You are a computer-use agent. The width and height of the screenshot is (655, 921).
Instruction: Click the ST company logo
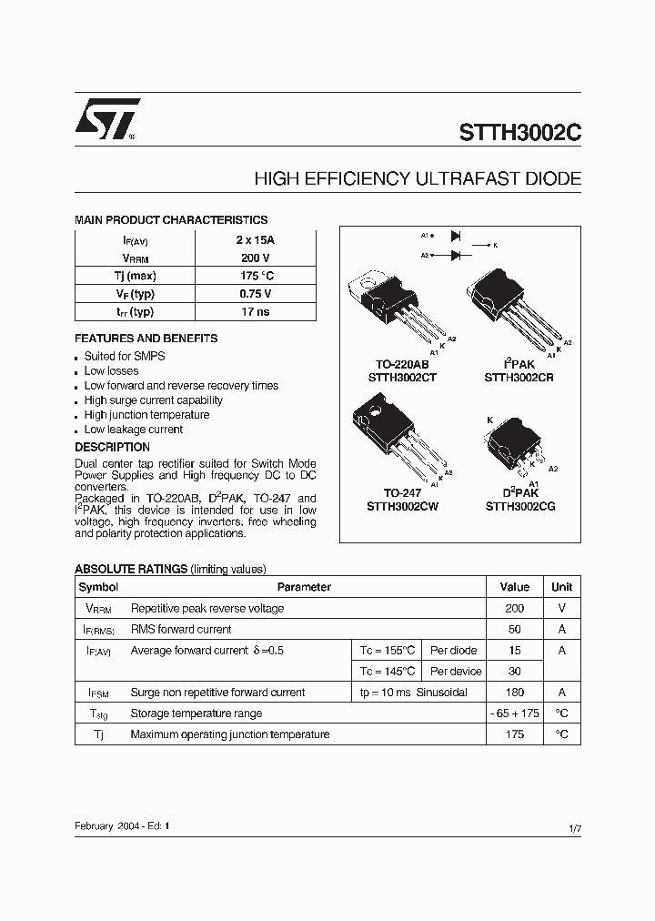point(106,119)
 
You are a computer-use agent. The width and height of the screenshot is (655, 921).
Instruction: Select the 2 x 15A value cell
point(255,240)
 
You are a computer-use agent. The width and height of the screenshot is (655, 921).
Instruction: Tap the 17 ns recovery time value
point(255,311)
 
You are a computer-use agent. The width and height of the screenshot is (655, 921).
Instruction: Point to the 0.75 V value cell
point(255,294)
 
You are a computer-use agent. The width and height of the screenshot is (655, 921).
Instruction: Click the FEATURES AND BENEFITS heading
point(146,339)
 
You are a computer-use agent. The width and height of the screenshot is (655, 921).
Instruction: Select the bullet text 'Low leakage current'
point(134,430)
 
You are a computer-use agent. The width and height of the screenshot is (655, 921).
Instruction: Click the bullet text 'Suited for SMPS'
point(125,357)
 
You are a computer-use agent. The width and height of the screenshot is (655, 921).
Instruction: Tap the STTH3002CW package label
point(403,506)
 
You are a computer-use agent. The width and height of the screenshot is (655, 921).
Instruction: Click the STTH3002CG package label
point(519,506)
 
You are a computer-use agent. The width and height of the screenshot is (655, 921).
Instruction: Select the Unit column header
point(561,588)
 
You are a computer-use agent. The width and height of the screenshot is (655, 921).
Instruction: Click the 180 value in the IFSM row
point(514,693)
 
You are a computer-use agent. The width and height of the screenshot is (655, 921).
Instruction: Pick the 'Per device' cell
point(456,672)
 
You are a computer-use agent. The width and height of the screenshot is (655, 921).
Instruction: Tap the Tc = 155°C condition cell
point(388,651)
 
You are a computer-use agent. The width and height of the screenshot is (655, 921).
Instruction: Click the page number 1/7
point(573,826)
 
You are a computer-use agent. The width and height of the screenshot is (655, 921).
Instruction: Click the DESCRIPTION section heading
point(112,448)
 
